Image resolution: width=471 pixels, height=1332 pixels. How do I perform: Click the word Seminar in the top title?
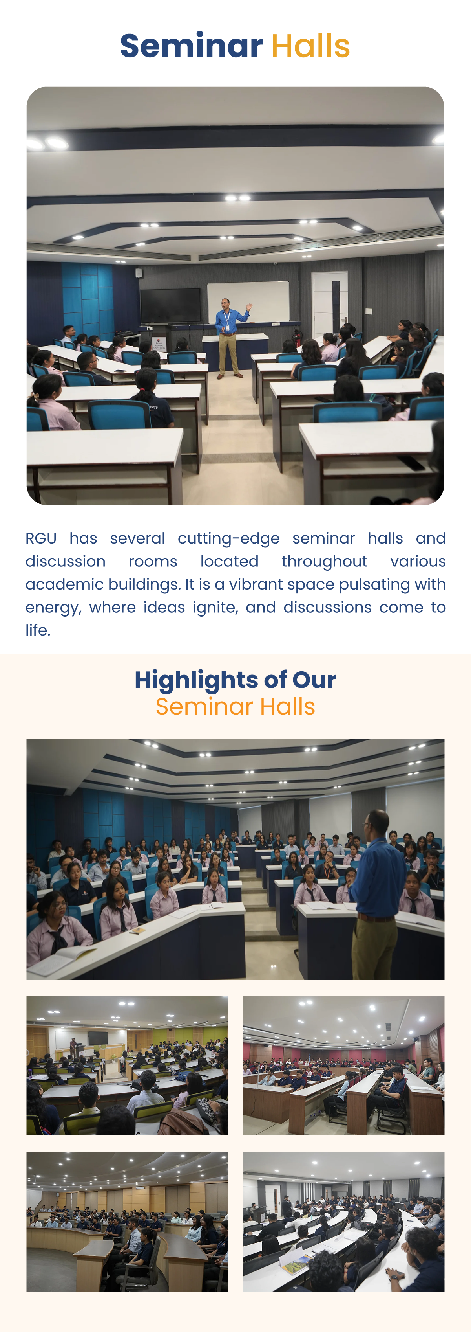[192, 46]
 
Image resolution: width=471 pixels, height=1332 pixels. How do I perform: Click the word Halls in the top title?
[310, 46]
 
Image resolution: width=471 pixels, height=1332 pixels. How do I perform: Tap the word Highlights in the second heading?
[196, 680]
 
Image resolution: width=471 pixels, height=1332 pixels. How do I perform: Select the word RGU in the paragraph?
[41, 538]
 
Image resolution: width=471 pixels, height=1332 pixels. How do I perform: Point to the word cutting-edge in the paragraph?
[228, 539]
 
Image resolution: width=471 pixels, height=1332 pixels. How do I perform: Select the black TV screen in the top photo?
[170, 306]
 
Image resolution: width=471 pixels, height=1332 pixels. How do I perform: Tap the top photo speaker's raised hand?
[250, 307]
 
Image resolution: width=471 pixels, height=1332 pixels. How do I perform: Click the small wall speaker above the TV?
[139, 273]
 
